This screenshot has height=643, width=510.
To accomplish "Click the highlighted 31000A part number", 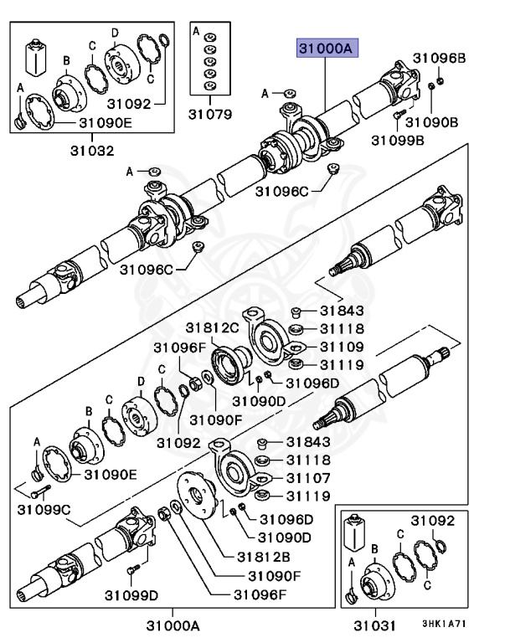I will point(324,49).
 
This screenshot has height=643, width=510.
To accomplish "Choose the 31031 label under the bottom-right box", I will point(372,625).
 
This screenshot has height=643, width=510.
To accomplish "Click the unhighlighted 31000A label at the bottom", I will point(173,625).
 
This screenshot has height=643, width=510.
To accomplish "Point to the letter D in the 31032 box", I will point(115,32).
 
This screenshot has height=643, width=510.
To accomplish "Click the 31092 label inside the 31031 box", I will point(432,520).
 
